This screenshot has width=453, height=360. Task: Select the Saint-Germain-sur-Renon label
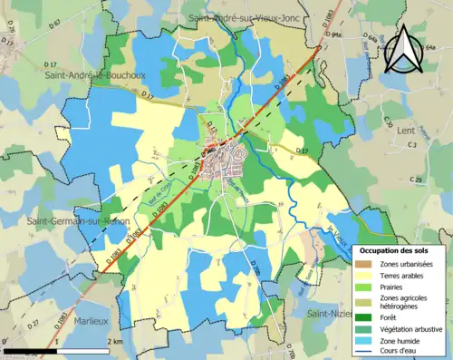coord(65,222)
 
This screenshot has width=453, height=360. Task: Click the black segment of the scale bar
coord(32,349)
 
